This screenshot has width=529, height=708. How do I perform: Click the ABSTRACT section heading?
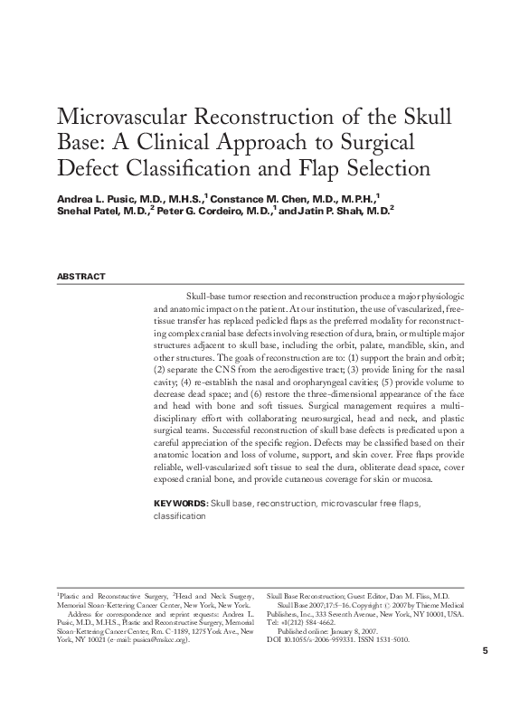click(81, 277)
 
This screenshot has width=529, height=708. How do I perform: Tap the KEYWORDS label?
click(181, 504)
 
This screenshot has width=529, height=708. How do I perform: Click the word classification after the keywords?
click(179, 516)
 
